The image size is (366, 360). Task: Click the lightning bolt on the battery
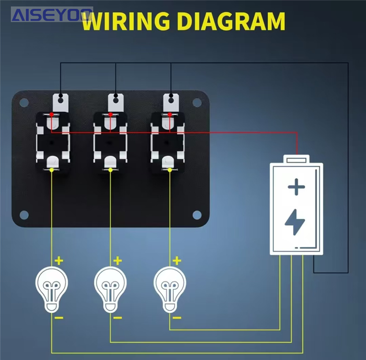[296, 223]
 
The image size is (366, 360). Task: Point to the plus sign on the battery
[296, 187]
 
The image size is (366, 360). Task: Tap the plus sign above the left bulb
[59, 260]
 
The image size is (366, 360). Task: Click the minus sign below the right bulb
[177, 317]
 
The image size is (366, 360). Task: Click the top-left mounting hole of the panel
[23, 102]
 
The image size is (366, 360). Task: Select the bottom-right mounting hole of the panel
[197, 215]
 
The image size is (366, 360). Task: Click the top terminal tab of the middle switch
[116, 102]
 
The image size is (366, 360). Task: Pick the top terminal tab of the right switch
[171, 102]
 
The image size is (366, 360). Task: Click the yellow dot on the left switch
[52, 170]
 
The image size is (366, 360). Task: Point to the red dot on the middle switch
[110, 115]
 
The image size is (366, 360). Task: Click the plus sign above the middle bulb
[117, 261]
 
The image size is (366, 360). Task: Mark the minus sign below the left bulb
[59, 317]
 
